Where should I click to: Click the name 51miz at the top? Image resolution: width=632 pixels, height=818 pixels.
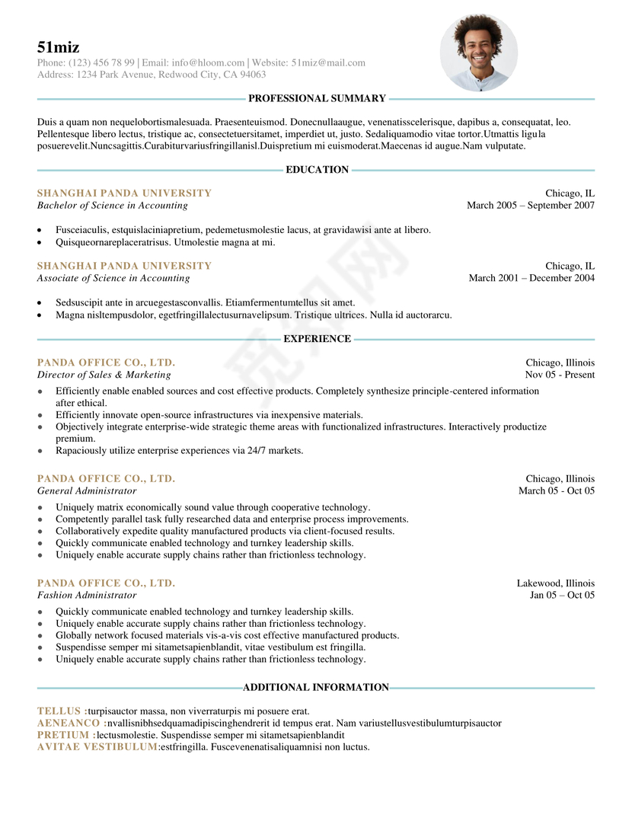point(58,47)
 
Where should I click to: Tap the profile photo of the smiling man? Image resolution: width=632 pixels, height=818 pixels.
point(478,53)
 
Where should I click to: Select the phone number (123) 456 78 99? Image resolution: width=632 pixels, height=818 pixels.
point(101,62)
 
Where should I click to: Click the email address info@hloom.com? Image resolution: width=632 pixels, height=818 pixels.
point(208,62)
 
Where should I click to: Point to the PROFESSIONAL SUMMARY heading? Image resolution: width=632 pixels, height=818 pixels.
point(317,98)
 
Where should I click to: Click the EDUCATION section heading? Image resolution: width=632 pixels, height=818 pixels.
point(317,170)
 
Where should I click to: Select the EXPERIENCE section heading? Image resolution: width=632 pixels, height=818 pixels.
point(317,339)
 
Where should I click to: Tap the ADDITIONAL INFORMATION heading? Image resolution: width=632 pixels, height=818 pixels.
point(316,688)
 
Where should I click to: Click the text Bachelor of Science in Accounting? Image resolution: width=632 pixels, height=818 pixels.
point(112,206)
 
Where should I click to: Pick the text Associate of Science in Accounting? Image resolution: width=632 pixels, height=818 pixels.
point(113,278)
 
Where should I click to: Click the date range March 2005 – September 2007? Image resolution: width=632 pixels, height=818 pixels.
point(531,206)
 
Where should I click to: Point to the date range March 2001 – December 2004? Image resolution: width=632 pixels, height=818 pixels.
point(531,278)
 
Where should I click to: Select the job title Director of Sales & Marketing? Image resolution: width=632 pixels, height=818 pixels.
point(104,375)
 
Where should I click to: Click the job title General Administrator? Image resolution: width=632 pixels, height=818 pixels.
point(87,491)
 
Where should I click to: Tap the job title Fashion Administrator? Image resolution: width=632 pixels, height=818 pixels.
point(87,596)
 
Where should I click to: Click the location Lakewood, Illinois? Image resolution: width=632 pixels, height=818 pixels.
point(556,583)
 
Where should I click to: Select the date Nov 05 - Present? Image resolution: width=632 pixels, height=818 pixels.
point(560,375)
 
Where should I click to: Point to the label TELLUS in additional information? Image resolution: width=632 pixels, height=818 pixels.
point(59,711)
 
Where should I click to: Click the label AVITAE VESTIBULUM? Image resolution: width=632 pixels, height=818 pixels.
point(97,747)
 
